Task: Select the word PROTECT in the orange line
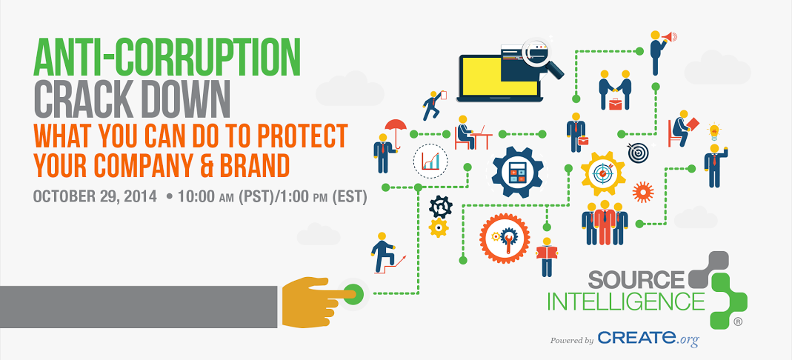tap(302, 136)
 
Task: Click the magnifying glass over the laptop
tap(542, 58)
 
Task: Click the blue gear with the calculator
tap(517, 172)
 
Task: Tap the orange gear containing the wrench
tap(505, 238)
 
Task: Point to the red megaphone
tap(669, 36)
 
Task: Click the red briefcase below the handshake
tap(615, 104)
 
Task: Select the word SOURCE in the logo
tap(636, 279)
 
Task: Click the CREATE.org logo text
tap(648, 339)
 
